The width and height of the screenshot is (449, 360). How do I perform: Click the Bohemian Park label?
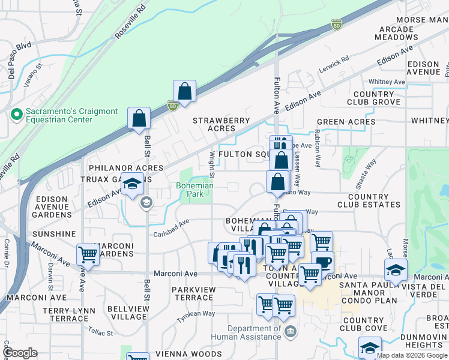click(194, 190)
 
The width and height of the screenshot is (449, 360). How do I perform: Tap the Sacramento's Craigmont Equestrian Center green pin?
click(16, 113)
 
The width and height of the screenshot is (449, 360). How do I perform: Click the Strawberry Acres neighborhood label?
click(221, 124)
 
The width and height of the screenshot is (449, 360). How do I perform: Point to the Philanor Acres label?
click(125, 168)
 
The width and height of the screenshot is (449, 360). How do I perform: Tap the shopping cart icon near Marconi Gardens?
click(88, 254)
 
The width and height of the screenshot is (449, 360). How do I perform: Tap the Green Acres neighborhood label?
click(346, 122)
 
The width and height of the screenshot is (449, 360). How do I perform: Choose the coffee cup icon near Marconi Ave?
click(322, 262)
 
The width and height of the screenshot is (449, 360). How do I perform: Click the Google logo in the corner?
click(19, 353)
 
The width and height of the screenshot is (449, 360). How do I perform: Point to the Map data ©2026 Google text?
click(412, 355)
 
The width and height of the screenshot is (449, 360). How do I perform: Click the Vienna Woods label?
click(188, 354)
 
